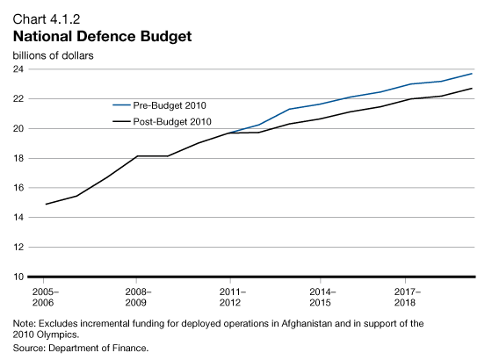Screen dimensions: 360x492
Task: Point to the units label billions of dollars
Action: pos(54,54)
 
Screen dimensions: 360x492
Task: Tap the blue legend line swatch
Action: pos(114,105)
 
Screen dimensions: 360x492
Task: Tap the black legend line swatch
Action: pos(114,121)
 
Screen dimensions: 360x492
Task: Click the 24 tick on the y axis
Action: pos(18,69)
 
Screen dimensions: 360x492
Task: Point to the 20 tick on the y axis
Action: pos(18,129)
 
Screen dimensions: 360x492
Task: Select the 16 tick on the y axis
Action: pos(18,188)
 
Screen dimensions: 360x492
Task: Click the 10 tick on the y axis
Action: pos(18,277)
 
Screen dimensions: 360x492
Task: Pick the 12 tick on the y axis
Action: pos(18,247)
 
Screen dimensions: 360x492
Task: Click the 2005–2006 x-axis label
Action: pos(45,296)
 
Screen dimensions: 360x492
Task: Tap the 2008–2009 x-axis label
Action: pos(138,296)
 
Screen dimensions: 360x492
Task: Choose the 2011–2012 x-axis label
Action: pos(230,296)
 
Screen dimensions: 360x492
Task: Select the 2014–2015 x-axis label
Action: pos(322,296)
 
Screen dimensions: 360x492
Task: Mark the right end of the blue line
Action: pos(473,73)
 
